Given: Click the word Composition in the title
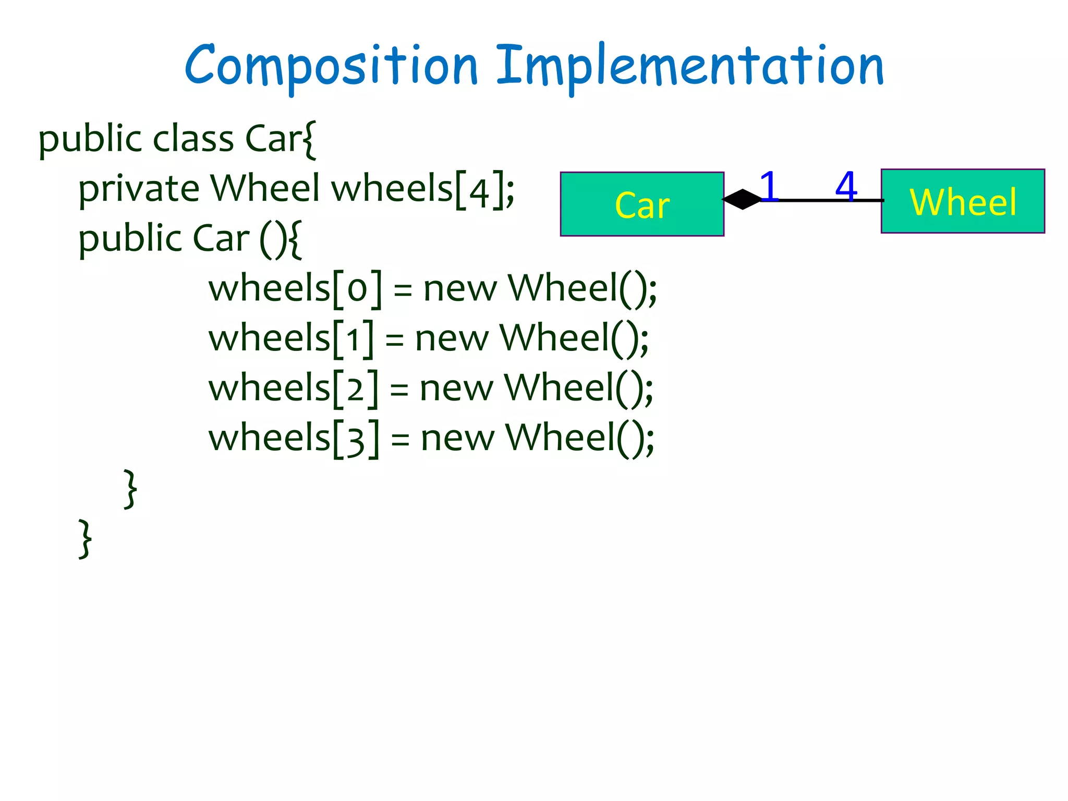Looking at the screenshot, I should [331, 67].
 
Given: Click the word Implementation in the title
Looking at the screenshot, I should [689, 67].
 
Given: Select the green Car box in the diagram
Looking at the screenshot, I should [642, 204].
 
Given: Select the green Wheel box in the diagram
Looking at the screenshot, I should [963, 201].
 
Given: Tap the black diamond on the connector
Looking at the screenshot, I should [743, 199].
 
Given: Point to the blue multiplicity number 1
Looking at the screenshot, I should [769, 186].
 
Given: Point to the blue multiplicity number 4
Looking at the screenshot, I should [846, 186].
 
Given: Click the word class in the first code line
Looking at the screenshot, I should [193, 139].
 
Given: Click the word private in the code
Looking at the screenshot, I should [139, 189].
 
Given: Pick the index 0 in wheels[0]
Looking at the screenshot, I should [357, 289].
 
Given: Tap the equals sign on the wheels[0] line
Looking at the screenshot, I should [403, 289].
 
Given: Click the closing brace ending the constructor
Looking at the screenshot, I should [130, 489].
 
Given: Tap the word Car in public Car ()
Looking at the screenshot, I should [221, 239].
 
